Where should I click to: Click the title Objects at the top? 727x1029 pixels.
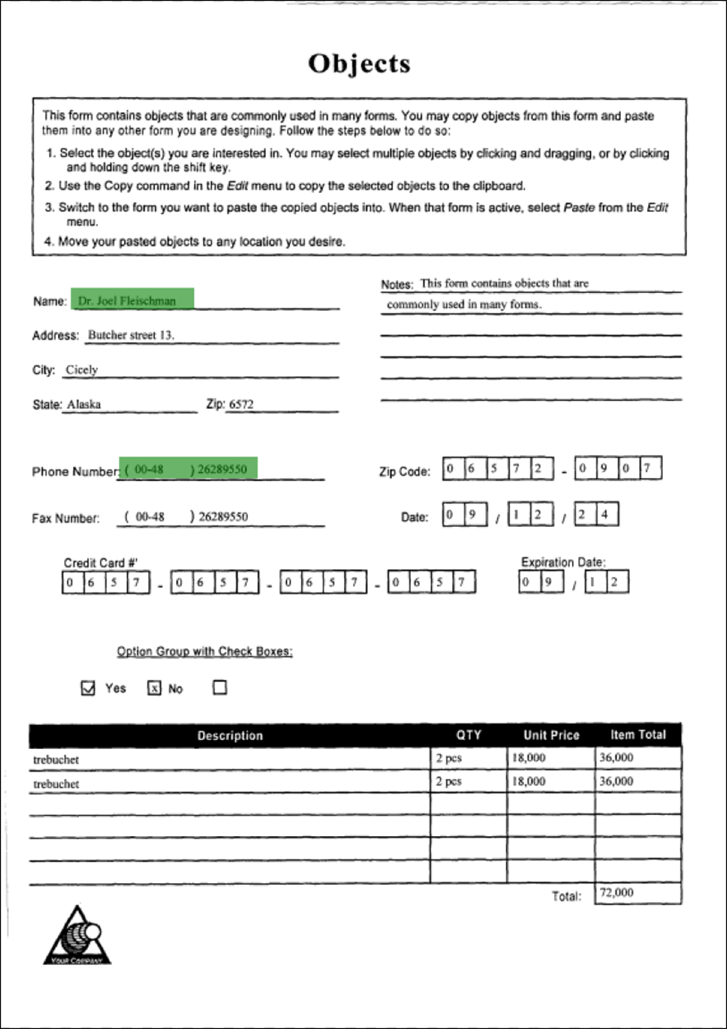359,64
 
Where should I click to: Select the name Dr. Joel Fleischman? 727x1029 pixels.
127,300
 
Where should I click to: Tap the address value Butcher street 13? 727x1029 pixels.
130,335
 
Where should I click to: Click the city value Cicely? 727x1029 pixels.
82,370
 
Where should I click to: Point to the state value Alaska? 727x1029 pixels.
84,404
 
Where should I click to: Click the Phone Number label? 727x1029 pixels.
75,472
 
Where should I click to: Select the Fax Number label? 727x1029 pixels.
66,518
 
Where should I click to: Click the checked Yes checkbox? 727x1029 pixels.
88,689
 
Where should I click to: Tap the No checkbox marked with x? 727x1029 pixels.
154,689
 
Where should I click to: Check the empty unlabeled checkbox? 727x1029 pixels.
219,688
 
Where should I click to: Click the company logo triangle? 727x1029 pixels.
77,936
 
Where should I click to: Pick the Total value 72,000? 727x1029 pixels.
616,892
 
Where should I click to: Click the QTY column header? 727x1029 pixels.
469,735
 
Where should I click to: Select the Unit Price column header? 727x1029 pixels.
551,735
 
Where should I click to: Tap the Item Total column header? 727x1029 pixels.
637,734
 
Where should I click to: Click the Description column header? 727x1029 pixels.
230,736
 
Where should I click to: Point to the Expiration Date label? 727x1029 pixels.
563,562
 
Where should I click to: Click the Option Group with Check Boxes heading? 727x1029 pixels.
205,651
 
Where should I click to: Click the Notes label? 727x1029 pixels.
397,285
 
